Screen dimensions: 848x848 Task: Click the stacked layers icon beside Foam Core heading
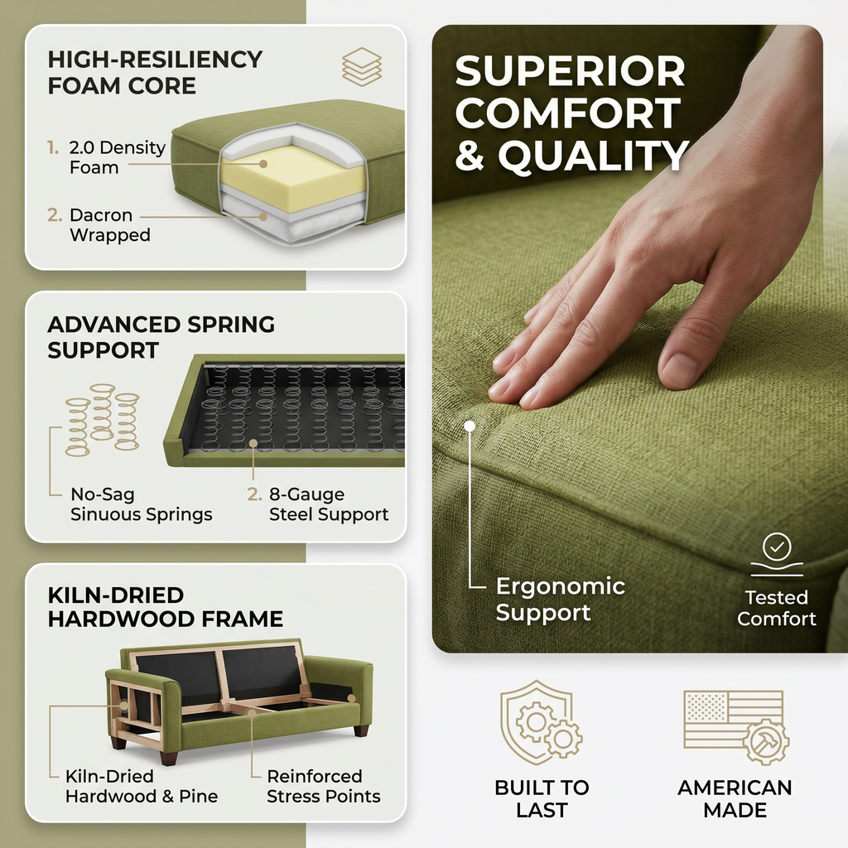click(362, 67)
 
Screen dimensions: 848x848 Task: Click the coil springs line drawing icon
click(102, 420)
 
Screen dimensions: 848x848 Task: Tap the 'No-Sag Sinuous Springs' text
click(141, 504)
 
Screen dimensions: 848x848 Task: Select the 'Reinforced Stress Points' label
click(324, 787)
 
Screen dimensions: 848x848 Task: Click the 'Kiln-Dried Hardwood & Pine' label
click(141, 787)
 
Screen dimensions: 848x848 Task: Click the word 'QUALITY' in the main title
click(593, 155)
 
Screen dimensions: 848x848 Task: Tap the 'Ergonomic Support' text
click(561, 600)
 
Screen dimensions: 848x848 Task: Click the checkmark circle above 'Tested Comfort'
click(777, 547)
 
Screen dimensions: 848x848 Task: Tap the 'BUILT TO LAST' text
click(542, 798)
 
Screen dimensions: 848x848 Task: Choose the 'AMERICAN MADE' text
click(735, 798)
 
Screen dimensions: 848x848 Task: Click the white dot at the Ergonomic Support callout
click(470, 426)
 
